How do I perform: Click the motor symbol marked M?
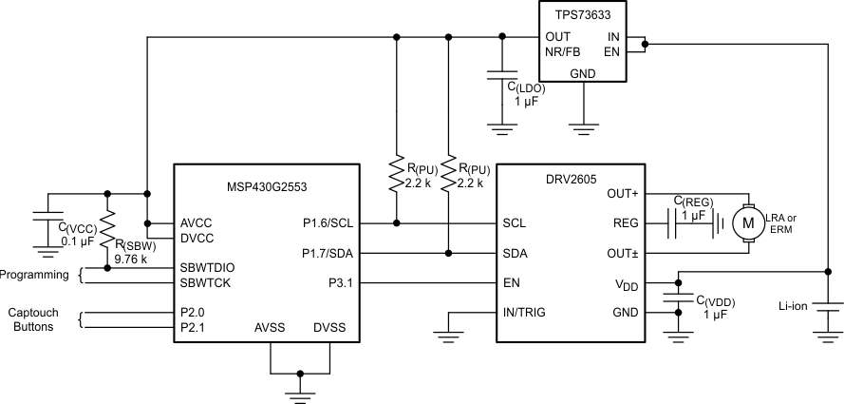click(748, 223)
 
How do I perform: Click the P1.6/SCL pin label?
click(327, 223)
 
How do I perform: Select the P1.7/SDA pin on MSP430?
click(327, 253)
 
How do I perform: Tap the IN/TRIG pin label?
click(532, 312)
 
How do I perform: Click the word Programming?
click(35, 275)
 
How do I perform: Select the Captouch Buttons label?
click(35, 319)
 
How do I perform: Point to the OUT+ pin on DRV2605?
click(623, 193)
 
